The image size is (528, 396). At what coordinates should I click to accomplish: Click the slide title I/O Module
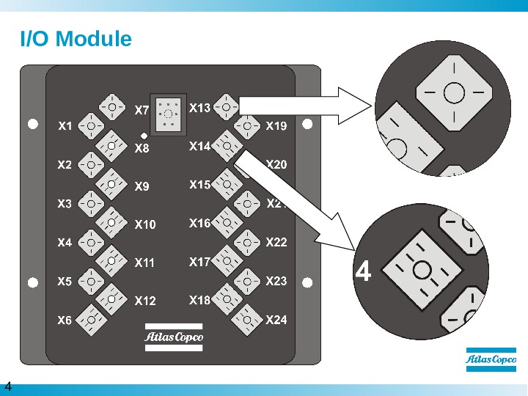click(76, 39)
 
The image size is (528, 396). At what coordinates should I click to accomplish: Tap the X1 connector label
click(65, 126)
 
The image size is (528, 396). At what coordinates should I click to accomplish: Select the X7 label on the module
click(142, 111)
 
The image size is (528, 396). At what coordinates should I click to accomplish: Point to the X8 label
click(142, 149)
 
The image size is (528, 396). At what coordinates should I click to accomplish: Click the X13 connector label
click(199, 109)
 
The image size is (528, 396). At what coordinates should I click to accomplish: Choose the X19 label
click(276, 126)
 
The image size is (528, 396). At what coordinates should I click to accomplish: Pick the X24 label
click(276, 320)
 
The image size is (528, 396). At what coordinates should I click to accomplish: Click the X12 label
click(145, 301)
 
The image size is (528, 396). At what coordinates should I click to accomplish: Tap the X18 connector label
click(199, 300)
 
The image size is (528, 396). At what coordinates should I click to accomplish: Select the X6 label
click(65, 320)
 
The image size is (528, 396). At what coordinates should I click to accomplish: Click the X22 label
click(276, 242)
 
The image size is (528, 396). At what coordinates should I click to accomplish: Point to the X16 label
click(199, 223)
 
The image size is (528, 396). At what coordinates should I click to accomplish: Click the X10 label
click(145, 224)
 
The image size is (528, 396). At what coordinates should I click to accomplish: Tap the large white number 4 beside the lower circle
click(363, 272)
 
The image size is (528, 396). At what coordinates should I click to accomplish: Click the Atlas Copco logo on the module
click(174, 337)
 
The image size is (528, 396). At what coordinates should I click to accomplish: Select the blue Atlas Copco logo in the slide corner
click(491, 360)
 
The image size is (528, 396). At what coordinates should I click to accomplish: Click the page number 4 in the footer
click(9, 386)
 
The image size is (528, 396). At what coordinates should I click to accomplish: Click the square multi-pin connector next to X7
click(169, 113)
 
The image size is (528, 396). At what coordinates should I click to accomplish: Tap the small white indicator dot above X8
click(144, 136)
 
